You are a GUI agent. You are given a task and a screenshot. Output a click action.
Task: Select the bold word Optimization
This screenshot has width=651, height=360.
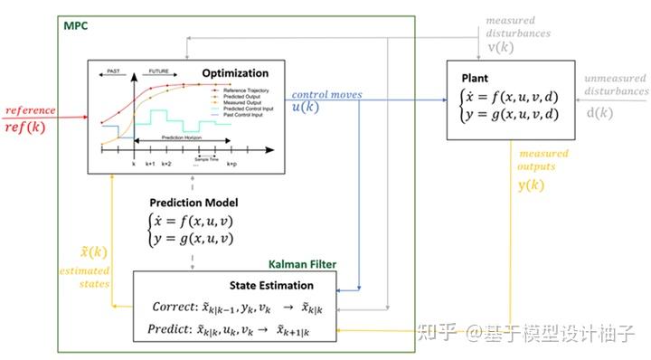(x=235, y=73)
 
